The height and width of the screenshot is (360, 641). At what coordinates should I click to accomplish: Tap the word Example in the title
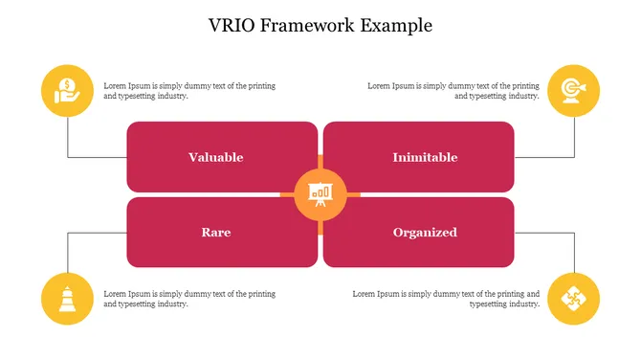pos(396,26)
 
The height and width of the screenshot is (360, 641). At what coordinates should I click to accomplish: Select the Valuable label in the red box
pos(215,157)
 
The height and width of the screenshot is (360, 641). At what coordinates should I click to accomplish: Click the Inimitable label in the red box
pos(425,157)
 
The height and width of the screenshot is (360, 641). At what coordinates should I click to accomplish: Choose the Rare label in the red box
pos(215,232)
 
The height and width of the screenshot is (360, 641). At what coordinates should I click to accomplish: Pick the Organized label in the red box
pos(425,232)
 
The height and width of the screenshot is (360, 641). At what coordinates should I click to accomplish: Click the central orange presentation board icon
pos(320,194)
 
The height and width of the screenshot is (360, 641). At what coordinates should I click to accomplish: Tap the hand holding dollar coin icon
pos(67,91)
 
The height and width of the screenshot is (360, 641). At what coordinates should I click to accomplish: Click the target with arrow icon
pos(573,91)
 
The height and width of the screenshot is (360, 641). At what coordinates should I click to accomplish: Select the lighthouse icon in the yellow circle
pos(67,299)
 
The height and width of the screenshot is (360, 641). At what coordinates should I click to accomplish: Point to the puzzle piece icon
pos(573,299)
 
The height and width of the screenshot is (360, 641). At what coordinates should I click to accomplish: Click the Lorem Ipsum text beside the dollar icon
pos(189,91)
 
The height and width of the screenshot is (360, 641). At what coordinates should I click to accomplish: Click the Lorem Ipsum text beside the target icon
pos(453,91)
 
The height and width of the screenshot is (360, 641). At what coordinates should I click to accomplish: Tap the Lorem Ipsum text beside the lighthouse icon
pos(189,299)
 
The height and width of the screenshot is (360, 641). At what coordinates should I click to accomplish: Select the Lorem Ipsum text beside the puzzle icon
pos(446,299)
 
